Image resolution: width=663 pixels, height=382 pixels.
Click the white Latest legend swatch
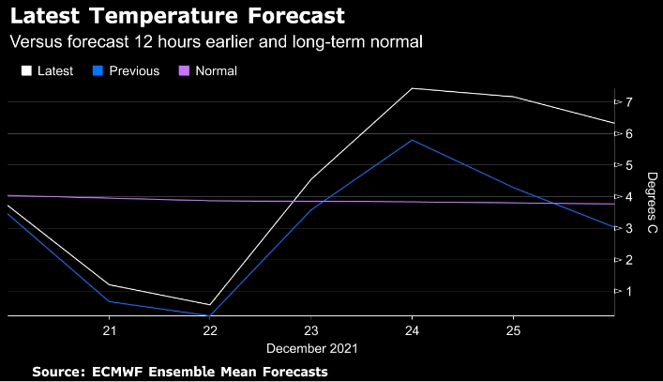pos(26,70)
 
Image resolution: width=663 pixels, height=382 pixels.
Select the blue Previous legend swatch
pos(95,70)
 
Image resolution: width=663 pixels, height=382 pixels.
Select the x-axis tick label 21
pos(109,331)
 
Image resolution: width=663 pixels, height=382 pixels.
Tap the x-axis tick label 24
pos(413,331)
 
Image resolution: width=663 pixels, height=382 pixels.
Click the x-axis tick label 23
pos(311,331)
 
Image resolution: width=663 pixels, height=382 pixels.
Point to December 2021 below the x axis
pos(311,348)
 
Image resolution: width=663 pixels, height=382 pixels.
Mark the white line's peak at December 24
pos(413,88)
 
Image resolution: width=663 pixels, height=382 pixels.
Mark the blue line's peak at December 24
pos(413,140)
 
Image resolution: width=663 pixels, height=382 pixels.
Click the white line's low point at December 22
pos(209,305)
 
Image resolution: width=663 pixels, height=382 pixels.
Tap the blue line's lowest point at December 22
pos(209,316)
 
